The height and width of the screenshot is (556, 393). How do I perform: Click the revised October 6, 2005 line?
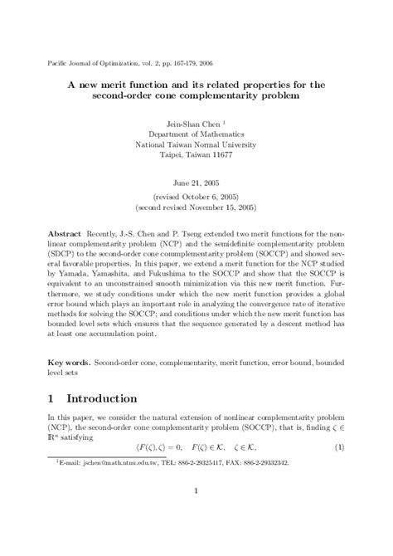[x=196, y=201]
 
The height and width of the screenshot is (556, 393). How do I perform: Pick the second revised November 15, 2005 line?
[x=196, y=212]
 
